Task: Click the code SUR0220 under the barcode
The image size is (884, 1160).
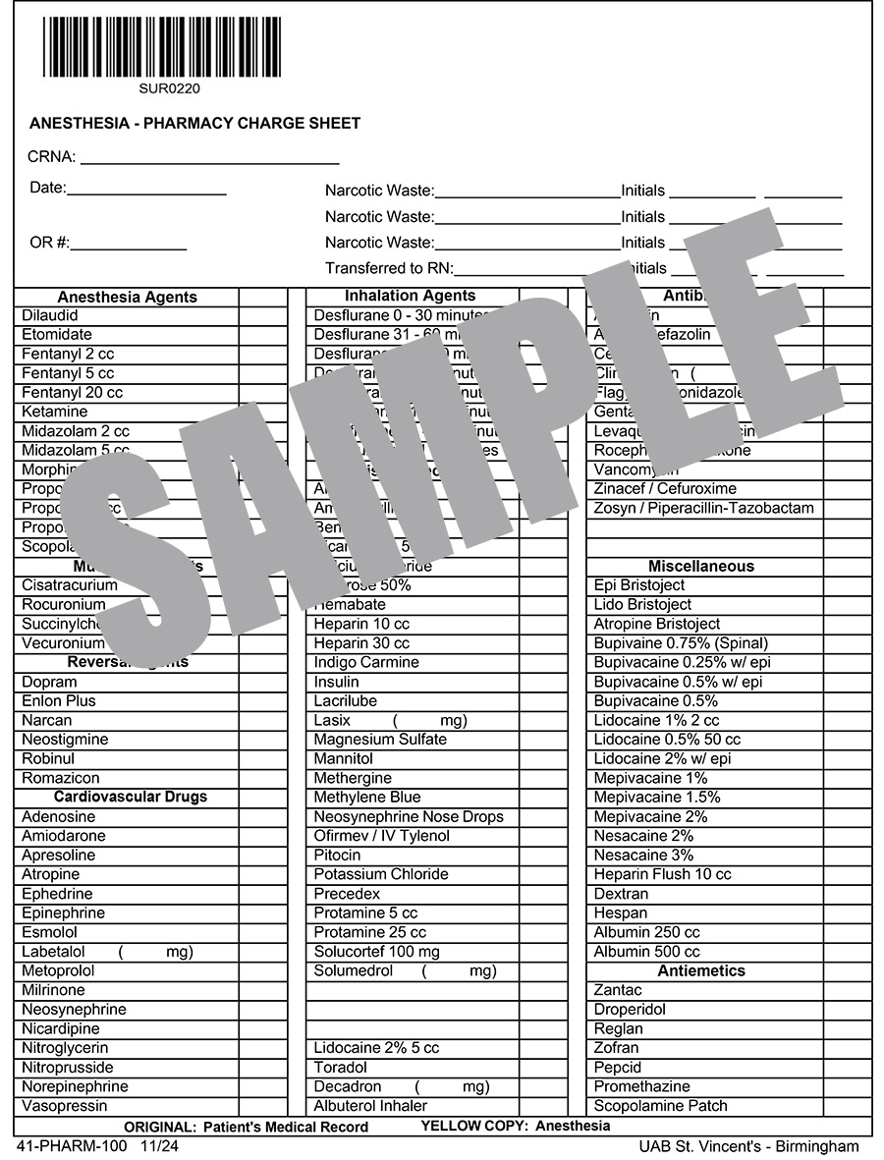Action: point(162,88)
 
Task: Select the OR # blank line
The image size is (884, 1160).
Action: point(128,245)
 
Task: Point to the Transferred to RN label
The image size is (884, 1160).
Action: point(388,268)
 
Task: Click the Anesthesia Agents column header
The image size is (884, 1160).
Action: point(127,297)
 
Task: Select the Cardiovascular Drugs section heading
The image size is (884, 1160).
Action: point(131,797)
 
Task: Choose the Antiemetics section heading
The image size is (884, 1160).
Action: point(701,970)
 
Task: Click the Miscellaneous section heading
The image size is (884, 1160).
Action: point(701,566)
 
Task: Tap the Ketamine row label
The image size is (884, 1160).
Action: point(55,412)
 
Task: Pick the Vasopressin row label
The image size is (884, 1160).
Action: point(66,1106)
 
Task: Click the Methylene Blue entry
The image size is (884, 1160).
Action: point(367,797)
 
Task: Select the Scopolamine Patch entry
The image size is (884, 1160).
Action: point(661,1106)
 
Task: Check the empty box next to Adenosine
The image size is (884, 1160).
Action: point(262,816)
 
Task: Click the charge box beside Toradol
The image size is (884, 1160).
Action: point(543,1068)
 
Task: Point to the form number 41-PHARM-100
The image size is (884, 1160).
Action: point(72,1146)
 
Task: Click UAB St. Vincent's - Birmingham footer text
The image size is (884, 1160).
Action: point(748,1146)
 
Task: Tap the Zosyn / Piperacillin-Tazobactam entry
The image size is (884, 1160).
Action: point(703,508)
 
